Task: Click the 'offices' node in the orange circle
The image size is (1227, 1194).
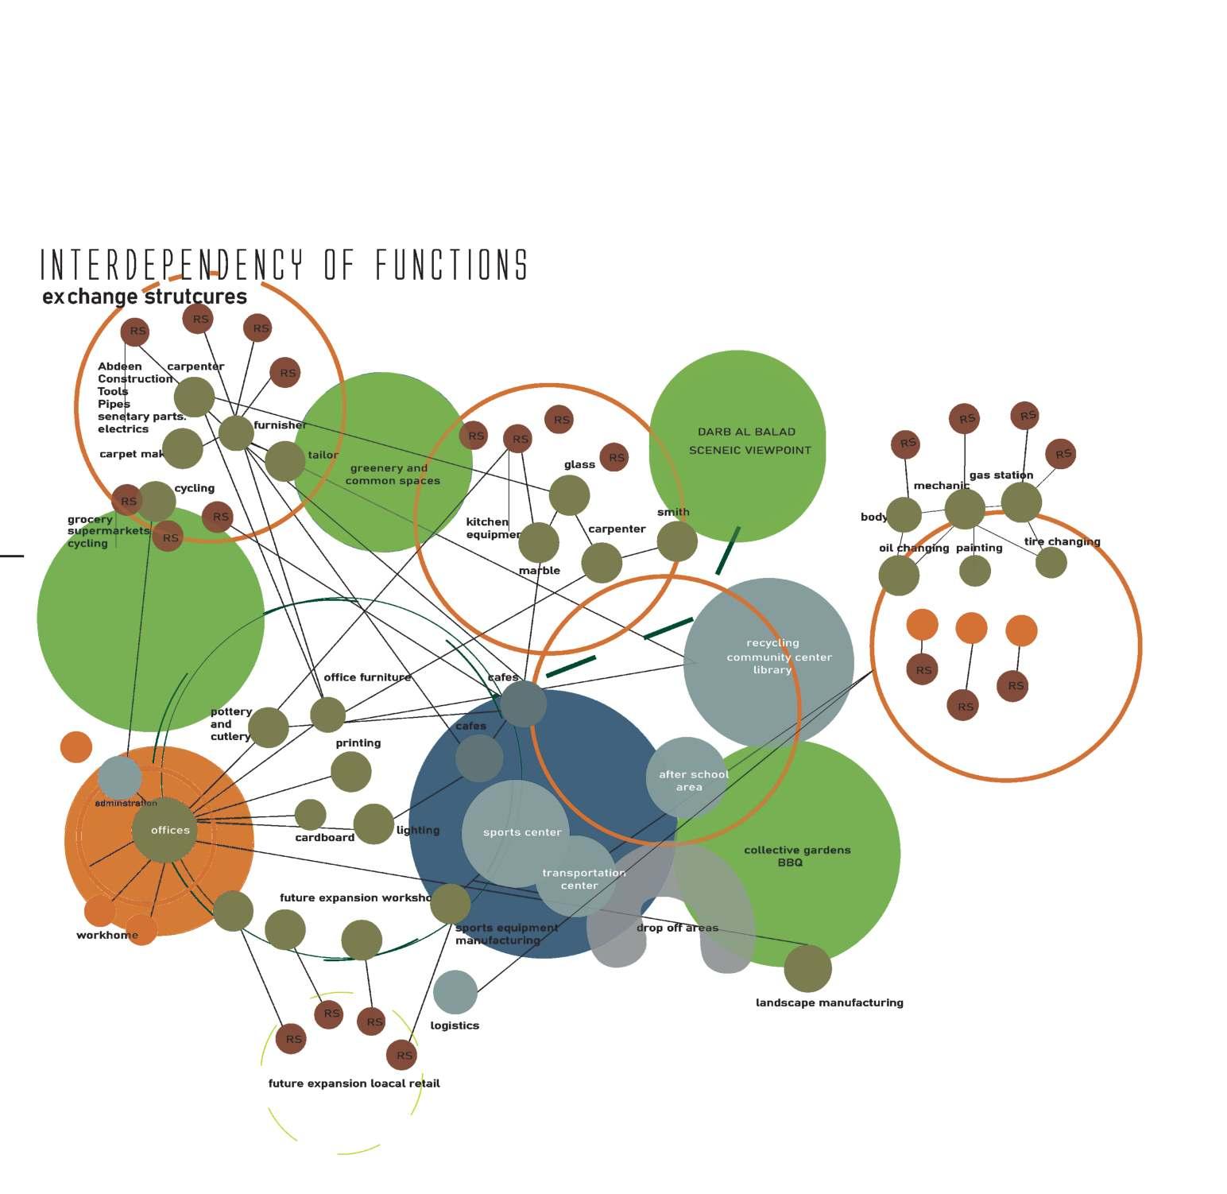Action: (165, 830)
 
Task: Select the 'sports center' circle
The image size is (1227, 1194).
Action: (517, 832)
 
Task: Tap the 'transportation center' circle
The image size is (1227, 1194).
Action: (583, 878)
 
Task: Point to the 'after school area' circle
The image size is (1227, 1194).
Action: (688, 780)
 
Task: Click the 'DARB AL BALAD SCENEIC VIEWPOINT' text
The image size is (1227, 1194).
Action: (749, 441)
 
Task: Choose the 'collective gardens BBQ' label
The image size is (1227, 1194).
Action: (796, 856)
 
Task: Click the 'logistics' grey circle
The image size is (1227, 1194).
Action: (455, 992)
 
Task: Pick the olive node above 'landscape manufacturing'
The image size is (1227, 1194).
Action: (807, 968)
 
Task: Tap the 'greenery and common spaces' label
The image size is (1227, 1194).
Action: (392, 475)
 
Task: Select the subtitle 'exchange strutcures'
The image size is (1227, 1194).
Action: (145, 297)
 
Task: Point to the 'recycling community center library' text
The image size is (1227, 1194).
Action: (777, 657)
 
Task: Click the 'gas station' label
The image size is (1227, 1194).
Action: (1001, 475)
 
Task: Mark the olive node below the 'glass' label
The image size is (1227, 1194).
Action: (569, 495)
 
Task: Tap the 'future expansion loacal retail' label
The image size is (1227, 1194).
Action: (354, 1084)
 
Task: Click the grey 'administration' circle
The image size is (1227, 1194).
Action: (120, 777)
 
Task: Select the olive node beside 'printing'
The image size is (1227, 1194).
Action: (350, 771)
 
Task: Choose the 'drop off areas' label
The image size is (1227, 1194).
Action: (677, 928)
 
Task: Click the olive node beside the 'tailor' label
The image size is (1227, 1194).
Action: (284, 461)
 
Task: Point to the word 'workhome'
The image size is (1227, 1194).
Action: (107, 935)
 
